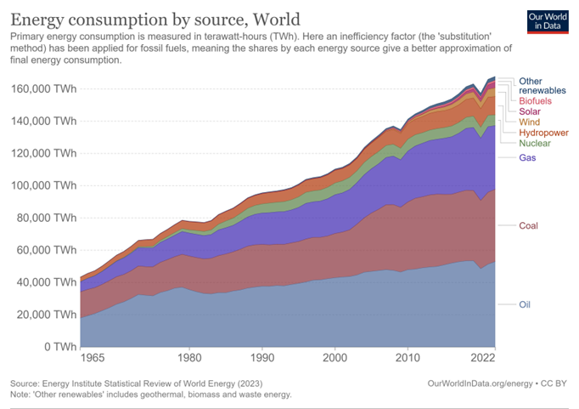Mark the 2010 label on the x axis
click(408, 358)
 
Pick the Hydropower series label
click(543, 133)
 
